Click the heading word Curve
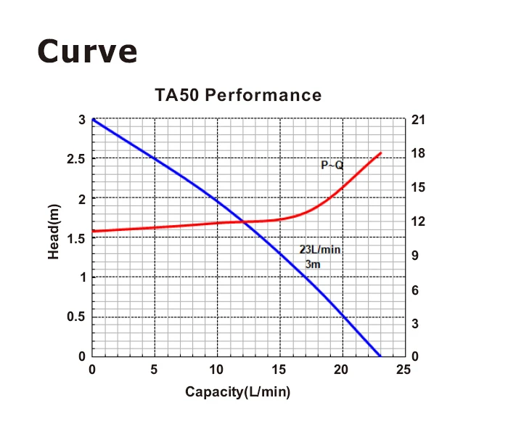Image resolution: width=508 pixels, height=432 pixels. (86, 51)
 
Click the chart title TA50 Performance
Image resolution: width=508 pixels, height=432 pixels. (238, 95)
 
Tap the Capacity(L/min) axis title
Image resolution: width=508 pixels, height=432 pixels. (238, 392)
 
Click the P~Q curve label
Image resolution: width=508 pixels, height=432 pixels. (332, 166)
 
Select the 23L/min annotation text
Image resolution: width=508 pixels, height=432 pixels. (320, 250)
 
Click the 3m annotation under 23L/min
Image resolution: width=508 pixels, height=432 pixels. (313, 264)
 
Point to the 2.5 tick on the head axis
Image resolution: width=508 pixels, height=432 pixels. (75, 159)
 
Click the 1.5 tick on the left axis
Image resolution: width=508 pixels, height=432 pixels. (75, 238)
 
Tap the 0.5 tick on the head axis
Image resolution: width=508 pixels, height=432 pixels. (75, 317)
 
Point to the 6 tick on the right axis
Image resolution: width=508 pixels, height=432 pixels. (417, 290)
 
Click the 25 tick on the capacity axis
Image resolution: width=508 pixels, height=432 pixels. (404, 370)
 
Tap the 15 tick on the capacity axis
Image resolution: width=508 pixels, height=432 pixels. (279, 370)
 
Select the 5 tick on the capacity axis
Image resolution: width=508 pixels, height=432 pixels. (155, 370)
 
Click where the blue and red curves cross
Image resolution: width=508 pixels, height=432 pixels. (244, 222)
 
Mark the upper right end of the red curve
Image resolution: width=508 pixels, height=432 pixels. (381, 153)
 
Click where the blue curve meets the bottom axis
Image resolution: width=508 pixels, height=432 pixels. (380, 356)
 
